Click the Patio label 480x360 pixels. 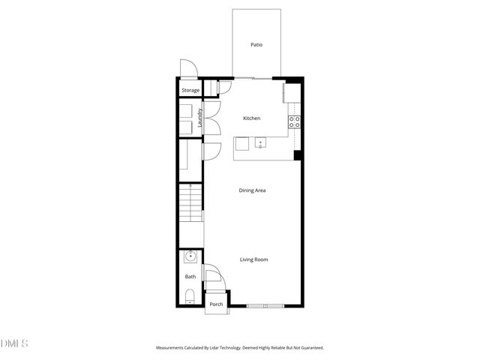point(256,45)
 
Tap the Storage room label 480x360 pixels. point(190,91)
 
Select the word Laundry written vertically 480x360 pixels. point(200,121)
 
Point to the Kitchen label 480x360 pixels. point(251,118)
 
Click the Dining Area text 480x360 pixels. point(252,190)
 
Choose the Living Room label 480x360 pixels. point(253,259)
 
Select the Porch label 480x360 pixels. point(216,304)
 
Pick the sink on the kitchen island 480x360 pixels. point(259,142)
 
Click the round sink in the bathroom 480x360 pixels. point(190,256)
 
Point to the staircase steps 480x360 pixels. point(190,202)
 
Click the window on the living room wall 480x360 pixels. point(265,305)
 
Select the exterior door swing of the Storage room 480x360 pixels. point(187,68)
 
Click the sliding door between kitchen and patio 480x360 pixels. point(255,77)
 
